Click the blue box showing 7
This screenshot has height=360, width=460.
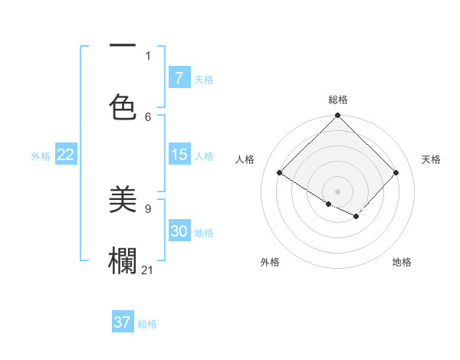pyautogui.click(x=179, y=77)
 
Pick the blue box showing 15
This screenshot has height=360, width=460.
pyautogui.click(x=179, y=155)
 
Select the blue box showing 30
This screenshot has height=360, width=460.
pyautogui.click(x=179, y=231)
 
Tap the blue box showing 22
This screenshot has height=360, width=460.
pyautogui.click(x=66, y=155)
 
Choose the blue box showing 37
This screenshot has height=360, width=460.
pyautogui.click(x=123, y=322)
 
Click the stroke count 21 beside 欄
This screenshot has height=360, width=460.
pyautogui.click(x=148, y=270)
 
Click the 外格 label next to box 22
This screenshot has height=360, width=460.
pyautogui.click(x=41, y=155)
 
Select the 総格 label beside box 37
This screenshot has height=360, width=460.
pyautogui.click(x=147, y=324)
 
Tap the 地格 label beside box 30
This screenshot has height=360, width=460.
pyautogui.click(x=204, y=232)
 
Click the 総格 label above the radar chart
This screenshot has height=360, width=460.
pyautogui.click(x=337, y=100)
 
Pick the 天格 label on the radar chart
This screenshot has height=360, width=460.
pyautogui.click(x=431, y=159)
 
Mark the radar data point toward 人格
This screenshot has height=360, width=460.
pyautogui.click(x=279, y=173)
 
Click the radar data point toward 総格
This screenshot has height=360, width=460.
pyautogui.click(x=337, y=116)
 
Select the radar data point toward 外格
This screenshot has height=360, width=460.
pyautogui.click(x=328, y=204)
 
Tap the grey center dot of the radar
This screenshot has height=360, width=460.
pyautogui.click(x=337, y=191)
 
